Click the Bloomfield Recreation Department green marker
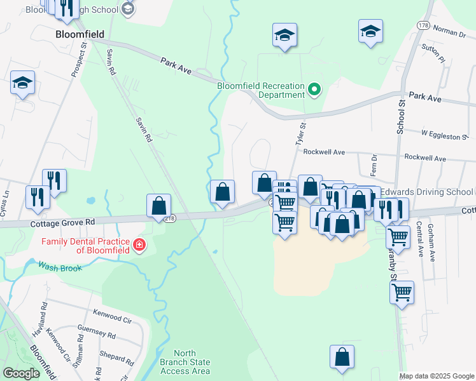(314, 90)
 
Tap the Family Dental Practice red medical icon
(139, 245)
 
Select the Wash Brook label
(60, 268)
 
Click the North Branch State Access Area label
(192, 363)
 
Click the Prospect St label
(84, 60)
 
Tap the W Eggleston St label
(444, 135)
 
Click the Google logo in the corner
(21, 373)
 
